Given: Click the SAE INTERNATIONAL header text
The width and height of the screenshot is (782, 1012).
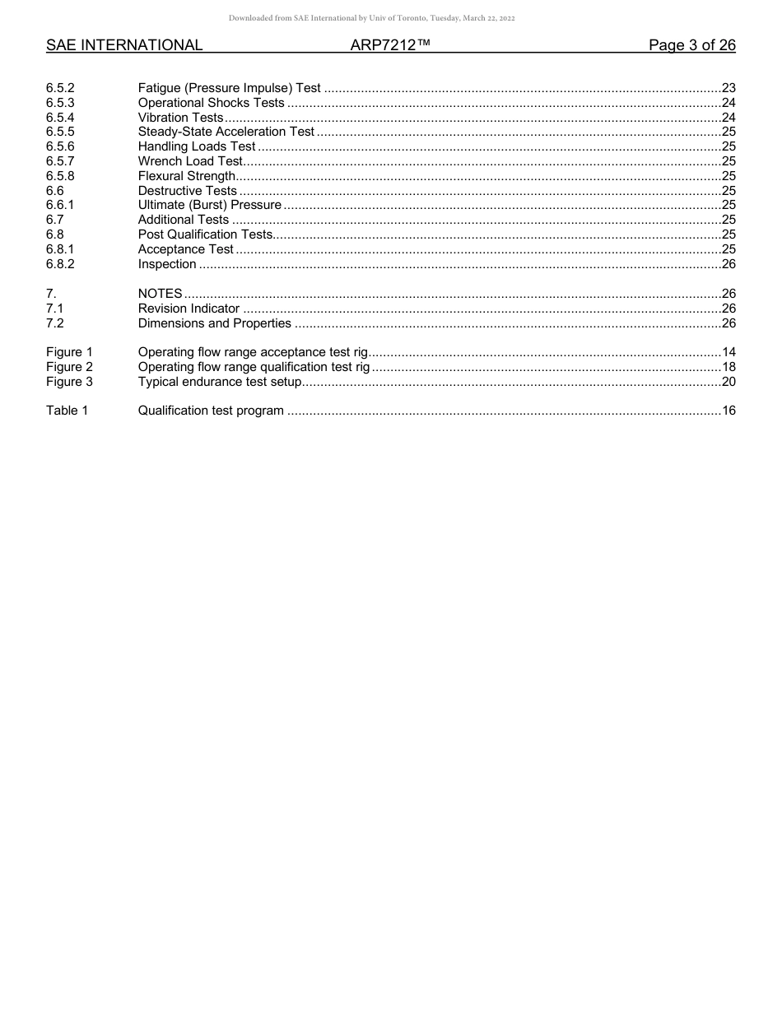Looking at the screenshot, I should click(x=124, y=45).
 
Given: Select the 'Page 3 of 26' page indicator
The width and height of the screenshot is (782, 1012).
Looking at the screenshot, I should click(x=691, y=45).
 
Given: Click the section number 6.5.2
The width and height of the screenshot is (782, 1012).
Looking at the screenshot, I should click(x=60, y=88).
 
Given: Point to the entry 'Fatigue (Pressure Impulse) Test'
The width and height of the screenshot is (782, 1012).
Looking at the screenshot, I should click(x=229, y=88).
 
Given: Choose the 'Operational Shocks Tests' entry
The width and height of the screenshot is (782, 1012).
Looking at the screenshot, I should click(x=211, y=103).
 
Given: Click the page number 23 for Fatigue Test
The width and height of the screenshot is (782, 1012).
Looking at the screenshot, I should click(x=728, y=88).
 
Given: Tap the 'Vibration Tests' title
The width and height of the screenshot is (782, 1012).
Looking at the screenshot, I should click(x=180, y=118).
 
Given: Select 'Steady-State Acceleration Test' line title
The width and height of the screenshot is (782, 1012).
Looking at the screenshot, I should click(x=226, y=132).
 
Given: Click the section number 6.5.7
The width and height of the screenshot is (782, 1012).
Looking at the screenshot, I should click(x=60, y=161).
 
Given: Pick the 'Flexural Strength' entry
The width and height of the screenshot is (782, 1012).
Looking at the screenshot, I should click(x=187, y=176).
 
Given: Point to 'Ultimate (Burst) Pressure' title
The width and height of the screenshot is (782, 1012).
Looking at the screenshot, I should click(x=209, y=205).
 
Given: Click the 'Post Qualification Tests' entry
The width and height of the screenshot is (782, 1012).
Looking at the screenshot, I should click(x=205, y=234).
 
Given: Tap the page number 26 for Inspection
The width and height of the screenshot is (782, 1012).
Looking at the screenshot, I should click(x=728, y=264).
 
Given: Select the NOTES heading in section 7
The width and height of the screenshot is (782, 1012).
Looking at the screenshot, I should click(x=160, y=294).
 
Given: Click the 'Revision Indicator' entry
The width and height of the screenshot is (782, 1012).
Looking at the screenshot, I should click(x=189, y=309).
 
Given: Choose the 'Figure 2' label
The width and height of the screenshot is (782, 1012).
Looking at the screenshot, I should click(x=69, y=367).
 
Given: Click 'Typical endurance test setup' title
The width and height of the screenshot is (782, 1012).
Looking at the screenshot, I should click(x=220, y=382).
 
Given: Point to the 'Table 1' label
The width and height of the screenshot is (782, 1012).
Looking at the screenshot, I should click(x=67, y=411).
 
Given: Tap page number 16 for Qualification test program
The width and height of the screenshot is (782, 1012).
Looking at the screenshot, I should click(x=728, y=411).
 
